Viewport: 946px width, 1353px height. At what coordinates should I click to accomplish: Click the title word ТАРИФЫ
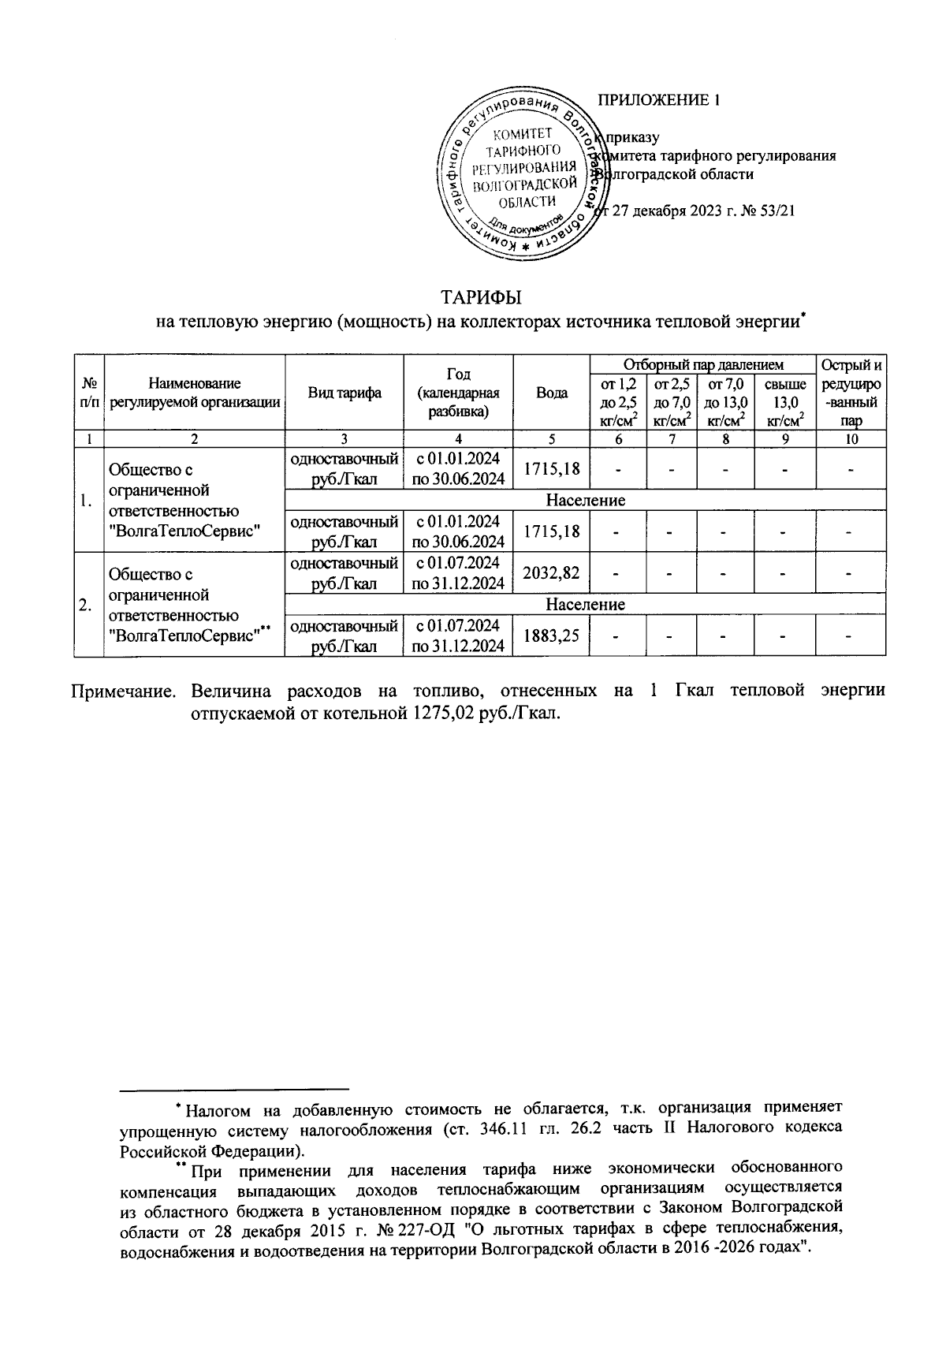click(x=482, y=299)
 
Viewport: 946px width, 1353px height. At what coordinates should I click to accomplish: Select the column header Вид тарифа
click(x=345, y=393)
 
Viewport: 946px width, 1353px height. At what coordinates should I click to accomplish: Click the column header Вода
click(x=552, y=393)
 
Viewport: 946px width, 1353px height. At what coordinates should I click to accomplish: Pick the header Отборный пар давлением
click(x=703, y=364)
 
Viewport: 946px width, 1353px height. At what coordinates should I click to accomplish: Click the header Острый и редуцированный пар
click(x=851, y=393)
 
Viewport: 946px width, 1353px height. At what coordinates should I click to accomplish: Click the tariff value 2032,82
click(x=552, y=572)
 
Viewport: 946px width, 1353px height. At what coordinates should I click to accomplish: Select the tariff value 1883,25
click(x=552, y=635)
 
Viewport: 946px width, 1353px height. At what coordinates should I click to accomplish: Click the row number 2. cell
click(x=88, y=604)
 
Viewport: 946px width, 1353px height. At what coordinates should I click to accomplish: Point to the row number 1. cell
click(x=88, y=500)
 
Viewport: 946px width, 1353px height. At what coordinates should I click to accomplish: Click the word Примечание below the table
click(x=124, y=691)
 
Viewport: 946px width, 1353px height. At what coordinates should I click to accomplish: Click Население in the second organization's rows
click(x=585, y=605)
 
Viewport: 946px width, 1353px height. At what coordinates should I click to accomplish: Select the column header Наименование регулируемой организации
click(x=195, y=393)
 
